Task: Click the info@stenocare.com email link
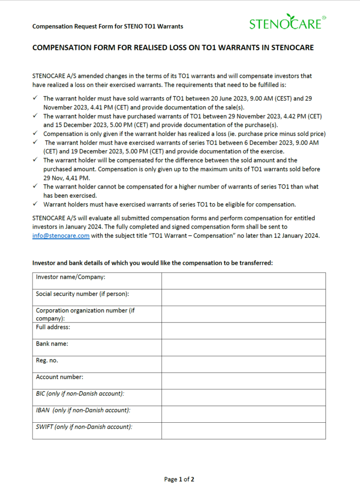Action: pyautogui.click(x=61, y=236)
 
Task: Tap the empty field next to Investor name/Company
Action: pyautogui.click(x=243, y=281)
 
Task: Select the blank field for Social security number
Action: pyautogui.click(x=243, y=297)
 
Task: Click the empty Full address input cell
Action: pyautogui.click(x=243, y=331)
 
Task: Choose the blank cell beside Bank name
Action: pyautogui.click(x=243, y=347)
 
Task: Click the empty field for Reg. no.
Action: pyautogui.click(x=243, y=364)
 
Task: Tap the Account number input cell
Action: pyautogui.click(x=243, y=381)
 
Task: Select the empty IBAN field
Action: pyautogui.click(x=243, y=414)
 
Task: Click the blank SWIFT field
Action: pyautogui.click(x=243, y=431)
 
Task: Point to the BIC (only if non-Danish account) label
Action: pyautogui.click(x=80, y=394)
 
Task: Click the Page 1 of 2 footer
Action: pyautogui.click(x=179, y=479)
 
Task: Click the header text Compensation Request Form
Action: pyautogui.click(x=107, y=26)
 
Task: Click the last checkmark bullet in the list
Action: pyautogui.click(x=36, y=204)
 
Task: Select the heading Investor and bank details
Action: pyautogui.click(x=152, y=263)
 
